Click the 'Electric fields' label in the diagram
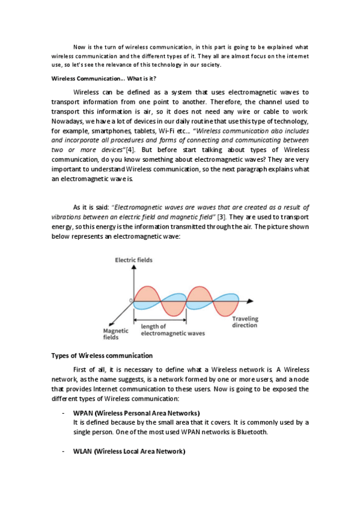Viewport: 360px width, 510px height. [x=133, y=260]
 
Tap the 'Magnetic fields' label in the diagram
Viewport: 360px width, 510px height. [x=115, y=334]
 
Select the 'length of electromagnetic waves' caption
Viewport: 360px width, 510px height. [x=172, y=330]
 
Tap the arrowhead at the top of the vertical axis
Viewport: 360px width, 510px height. [x=131, y=267]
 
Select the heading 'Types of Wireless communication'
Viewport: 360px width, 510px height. [x=102, y=355]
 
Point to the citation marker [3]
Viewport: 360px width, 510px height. [x=221, y=216]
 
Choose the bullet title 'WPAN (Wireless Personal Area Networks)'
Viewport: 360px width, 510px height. [x=136, y=413]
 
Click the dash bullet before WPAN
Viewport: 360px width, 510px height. [x=64, y=413]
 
